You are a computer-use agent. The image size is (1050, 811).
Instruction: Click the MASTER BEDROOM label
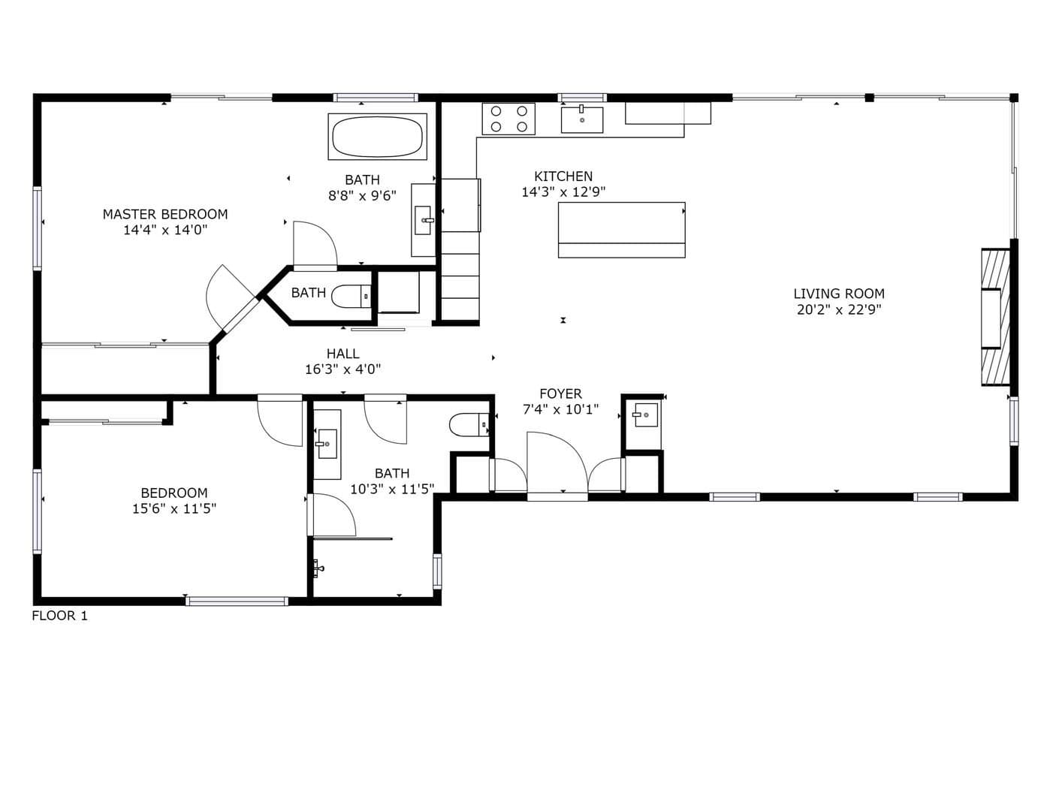coord(165,214)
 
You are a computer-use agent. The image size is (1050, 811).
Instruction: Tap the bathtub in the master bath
coord(377,137)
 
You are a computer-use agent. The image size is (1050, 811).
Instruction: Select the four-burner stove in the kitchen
coord(508,119)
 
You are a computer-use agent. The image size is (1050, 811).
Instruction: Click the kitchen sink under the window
coord(581,119)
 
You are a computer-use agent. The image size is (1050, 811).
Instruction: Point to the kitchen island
coord(621,230)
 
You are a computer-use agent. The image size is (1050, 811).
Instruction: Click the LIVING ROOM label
coord(838,294)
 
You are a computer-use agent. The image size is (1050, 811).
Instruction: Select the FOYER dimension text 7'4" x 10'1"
coord(560,410)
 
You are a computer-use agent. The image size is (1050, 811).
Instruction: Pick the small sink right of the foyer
coord(644,415)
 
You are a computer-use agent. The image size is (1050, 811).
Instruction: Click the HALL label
coord(342,354)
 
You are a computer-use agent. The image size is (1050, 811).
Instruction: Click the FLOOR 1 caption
coord(59,616)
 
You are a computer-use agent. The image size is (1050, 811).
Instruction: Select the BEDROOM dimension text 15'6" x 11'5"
coord(173,509)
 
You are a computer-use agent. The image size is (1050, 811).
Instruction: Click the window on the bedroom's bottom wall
coord(237,601)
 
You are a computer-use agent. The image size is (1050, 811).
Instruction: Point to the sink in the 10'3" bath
coord(327,444)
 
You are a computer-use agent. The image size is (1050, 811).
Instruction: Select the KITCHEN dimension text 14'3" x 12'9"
coord(563,192)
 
